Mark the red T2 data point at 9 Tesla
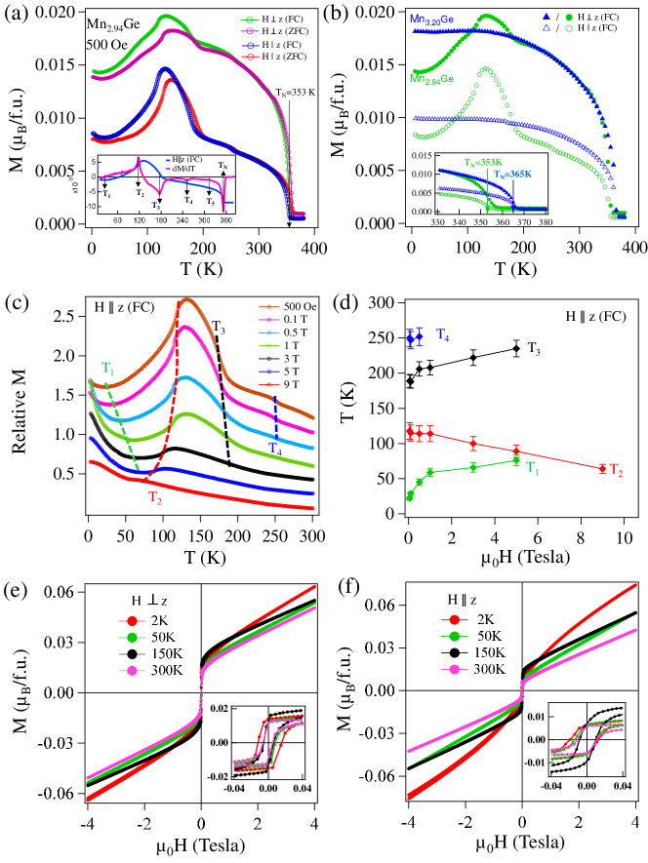(x=602, y=468)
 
